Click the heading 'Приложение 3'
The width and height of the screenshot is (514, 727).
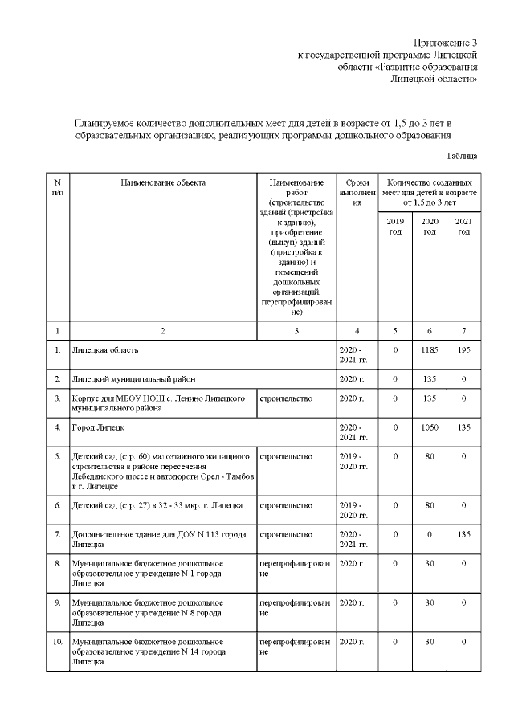[446, 41]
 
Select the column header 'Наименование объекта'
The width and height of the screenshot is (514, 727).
[163, 182]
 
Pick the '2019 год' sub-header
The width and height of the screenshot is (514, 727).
[395, 226]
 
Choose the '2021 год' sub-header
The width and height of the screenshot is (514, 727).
[463, 226]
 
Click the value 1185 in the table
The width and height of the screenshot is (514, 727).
[430, 350]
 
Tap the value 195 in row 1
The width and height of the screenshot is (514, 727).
[463, 350]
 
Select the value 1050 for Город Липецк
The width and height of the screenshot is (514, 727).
[430, 427]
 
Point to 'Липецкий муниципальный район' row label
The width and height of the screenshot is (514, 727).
[133, 378]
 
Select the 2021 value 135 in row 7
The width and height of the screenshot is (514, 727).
[463, 534]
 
